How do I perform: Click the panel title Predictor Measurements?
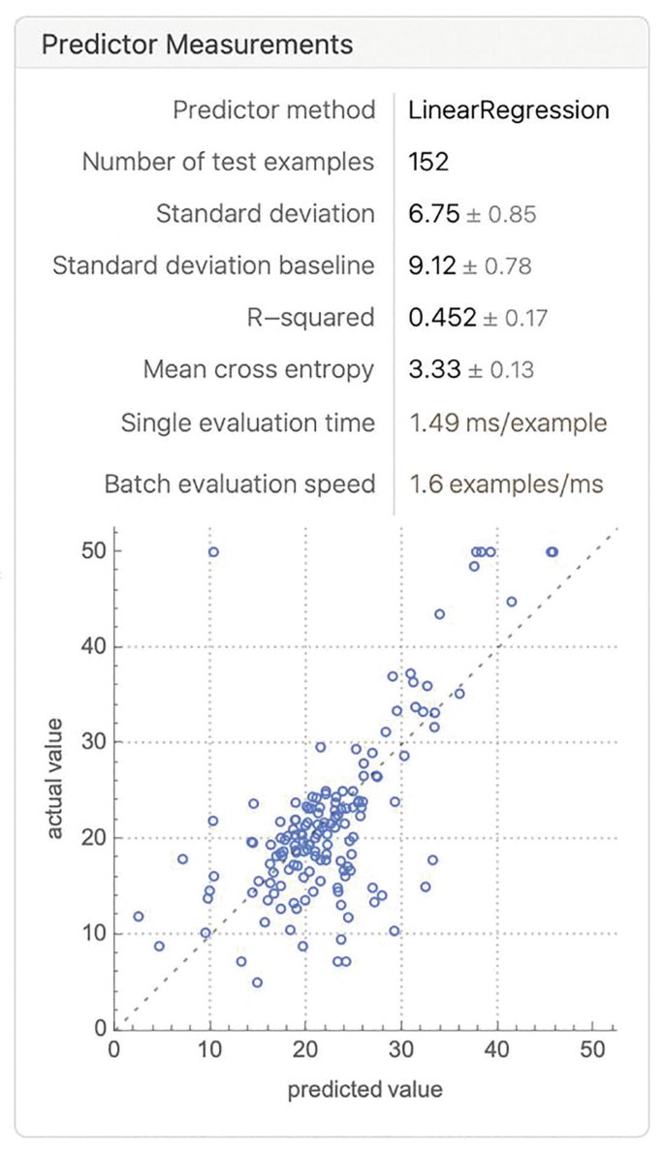pos(197,45)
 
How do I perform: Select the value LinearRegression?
pos(509,109)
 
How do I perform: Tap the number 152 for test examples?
pos(428,162)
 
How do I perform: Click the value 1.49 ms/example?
pos(508,423)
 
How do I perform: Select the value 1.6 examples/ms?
pos(506,483)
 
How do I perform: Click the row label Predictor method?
pos(273,109)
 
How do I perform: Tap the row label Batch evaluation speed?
pos(239,483)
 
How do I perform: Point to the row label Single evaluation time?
pos(247,423)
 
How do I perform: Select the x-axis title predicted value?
pos(364,1089)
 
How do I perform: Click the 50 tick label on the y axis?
pos(93,551)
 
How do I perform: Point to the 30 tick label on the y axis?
pos(93,742)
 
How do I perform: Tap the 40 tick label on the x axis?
pos(497,1050)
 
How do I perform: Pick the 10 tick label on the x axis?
pos(209,1050)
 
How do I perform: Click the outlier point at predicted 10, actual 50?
pos(213,551)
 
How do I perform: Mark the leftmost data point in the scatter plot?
pos(139,916)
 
